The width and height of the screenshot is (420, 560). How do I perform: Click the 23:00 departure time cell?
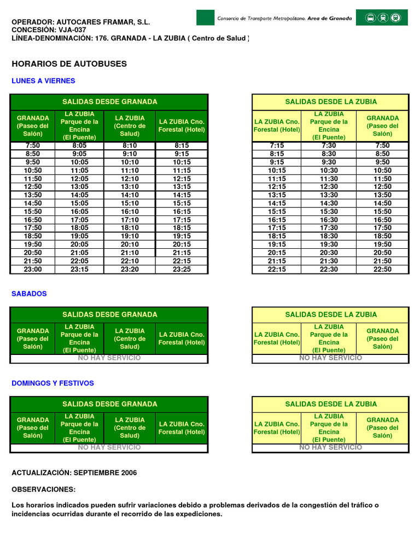click(33, 270)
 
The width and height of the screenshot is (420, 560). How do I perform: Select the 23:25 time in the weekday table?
click(182, 270)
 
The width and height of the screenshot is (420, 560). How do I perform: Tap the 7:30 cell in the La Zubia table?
click(329, 145)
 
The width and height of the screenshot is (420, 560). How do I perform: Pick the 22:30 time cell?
click(329, 270)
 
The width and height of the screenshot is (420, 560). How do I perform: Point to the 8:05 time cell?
click(79, 145)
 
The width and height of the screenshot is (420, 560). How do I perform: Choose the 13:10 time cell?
click(130, 186)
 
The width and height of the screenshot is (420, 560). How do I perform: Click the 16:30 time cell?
click(329, 220)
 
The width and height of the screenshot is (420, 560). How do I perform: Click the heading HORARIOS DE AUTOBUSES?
click(69, 64)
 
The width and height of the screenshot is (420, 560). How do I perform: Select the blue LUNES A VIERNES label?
click(43, 81)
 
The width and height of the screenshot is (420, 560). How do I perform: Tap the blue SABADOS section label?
click(29, 294)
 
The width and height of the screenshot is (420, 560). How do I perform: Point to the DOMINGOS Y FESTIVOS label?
click(52, 383)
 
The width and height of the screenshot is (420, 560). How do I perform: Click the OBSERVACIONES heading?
click(44, 489)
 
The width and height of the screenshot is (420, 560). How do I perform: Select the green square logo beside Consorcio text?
click(205, 17)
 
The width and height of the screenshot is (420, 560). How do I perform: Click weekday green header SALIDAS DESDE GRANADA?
click(109, 102)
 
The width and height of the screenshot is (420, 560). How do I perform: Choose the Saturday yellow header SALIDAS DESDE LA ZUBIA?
click(330, 314)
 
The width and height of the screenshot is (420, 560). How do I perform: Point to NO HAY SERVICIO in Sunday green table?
click(109, 448)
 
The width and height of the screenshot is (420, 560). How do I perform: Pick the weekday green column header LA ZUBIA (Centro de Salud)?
click(130, 126)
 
